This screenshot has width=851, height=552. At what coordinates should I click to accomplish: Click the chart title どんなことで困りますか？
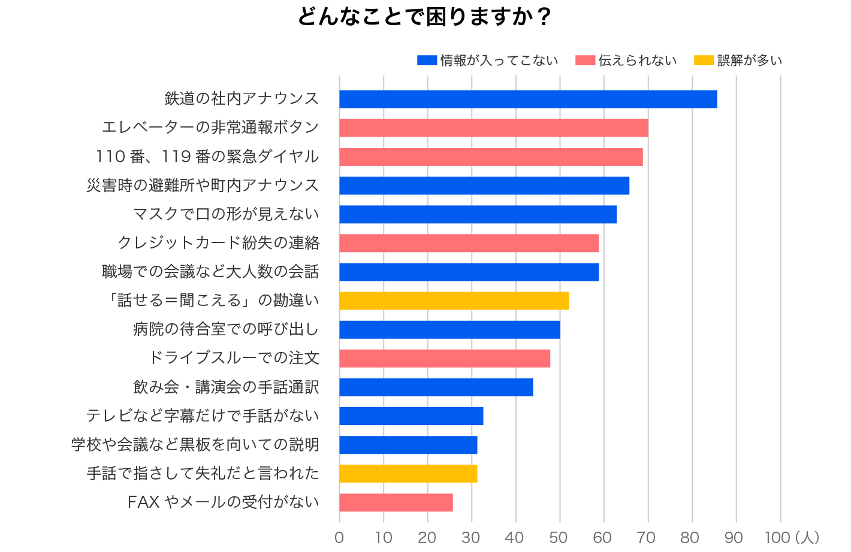pyautogui.click(x=424, y=17)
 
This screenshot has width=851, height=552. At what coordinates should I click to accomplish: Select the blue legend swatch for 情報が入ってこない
pyautogui.click(x=427, y=60)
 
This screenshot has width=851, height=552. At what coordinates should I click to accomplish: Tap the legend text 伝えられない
pyautogui.click(x=638, y=60)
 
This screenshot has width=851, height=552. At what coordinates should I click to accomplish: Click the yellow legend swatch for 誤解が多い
pyautogui.click(x=704, y=60)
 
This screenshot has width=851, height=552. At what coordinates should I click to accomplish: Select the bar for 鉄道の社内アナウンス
pyautogui.click(x=528, y=99)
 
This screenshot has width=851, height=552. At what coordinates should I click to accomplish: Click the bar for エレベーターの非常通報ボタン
pyautogui.click(x=493, y=128)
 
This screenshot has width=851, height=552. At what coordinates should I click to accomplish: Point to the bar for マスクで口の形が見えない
pyautogui.click(x=478, y=214)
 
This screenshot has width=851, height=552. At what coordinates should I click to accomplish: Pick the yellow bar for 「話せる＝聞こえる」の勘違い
pyautogui.click(x=454, y=301)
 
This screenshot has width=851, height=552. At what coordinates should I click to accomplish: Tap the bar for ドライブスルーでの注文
pyautogui.click(x=444, y=359)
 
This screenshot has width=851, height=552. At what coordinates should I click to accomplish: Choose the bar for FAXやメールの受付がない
pyautogui.click(x=396, y=503)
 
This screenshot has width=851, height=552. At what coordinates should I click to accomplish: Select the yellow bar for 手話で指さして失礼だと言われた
pyautogui.click(x=408, y=474)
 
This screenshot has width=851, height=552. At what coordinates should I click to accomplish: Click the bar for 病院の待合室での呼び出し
pyautogui.click(x=449, y=330)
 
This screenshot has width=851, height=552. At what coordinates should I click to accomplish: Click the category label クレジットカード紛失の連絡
pyautogui.click(x=219, y=243)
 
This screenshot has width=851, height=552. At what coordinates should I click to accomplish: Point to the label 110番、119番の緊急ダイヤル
pyautogui.click(x=207, y=157)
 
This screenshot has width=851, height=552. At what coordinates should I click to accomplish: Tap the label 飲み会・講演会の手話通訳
pyautogui.click(x=226, y=387)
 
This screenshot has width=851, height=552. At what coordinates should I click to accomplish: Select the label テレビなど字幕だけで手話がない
pyautogui.click(x=203, y=416)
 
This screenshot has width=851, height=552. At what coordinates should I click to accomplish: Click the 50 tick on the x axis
pyautogui.click(x=559, y=538)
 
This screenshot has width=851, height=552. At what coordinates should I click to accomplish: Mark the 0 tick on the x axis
pyautogui.click(x=339, y=538)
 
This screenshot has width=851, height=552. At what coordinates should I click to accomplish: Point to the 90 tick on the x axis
pyautogui.click(x=734, y=538)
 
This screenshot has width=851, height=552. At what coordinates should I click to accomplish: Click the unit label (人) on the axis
pyautogui.click(x=807, y=538)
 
